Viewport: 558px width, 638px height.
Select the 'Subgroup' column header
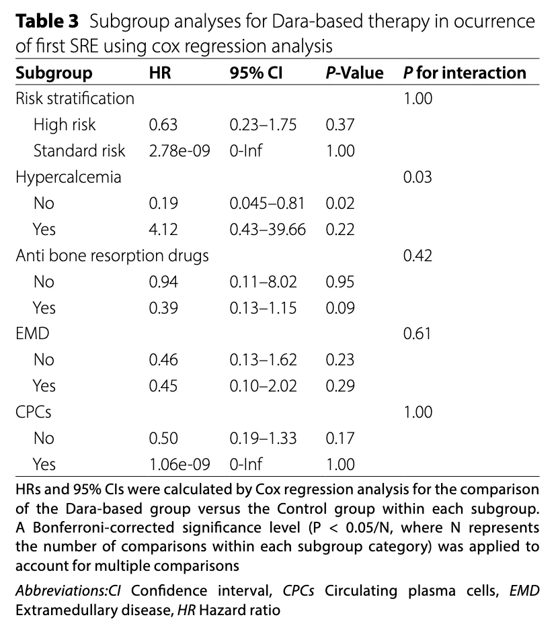point(54,73)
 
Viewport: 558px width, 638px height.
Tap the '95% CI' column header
point(255,73)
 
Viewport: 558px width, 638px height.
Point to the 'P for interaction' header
point(465,73)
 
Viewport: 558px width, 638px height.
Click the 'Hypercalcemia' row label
point(69,177)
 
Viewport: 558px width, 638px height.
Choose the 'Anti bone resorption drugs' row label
point(112,256)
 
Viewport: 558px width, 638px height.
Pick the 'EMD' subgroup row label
point(33,334)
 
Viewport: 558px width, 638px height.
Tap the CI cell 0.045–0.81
point(267,203)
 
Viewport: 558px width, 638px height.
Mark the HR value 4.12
point(163,230)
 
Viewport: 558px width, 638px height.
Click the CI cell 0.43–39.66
point(268,230)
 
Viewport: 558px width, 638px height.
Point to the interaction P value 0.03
point(417,177)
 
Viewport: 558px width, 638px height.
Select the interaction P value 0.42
point(417,256)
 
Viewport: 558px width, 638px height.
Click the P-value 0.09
point(340,308)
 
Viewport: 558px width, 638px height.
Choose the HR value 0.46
point(163,360)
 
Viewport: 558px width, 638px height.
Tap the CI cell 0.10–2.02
point(263,386)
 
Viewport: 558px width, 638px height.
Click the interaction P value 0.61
point(417,334)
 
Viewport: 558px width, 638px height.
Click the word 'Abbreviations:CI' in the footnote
point(70,591)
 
